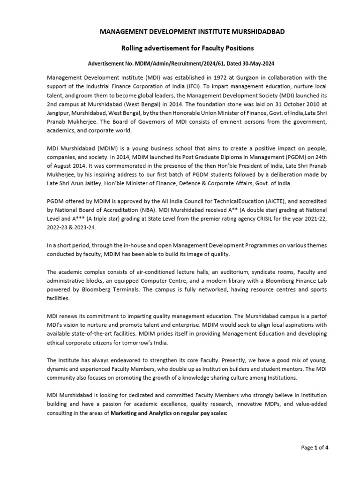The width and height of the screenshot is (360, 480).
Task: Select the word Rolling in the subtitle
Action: (x=135, y=48)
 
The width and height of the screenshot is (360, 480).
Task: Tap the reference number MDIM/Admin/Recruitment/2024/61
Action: (x=172, y=64)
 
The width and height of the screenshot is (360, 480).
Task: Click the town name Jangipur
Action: (x=61, y=113)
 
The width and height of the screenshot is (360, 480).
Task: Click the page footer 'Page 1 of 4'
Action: (x=315, y=447)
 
